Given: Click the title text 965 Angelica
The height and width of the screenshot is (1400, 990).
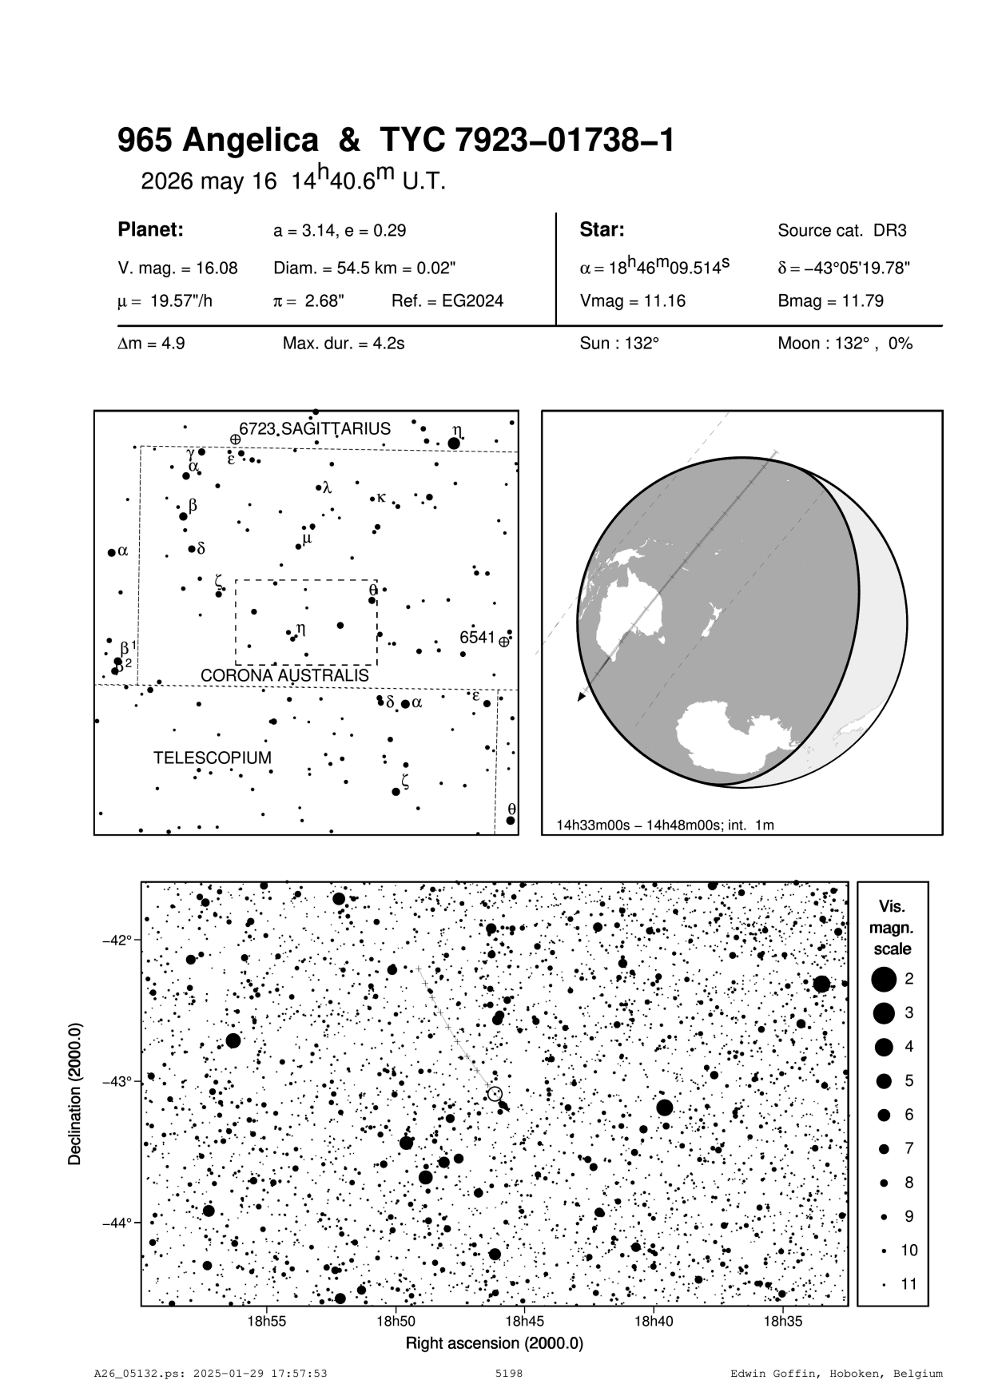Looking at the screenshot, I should tap(217, 141).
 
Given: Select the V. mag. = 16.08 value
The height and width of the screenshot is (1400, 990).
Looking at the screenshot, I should tap(177, 268).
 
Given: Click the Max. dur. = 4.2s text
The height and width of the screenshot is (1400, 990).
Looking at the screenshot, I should tap(344, 344).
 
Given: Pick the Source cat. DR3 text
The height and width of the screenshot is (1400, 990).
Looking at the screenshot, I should tap(842, 231).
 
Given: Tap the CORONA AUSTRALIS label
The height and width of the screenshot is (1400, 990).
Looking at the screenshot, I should tap(284, 676).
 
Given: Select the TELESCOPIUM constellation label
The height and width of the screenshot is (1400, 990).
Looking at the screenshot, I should tap(213, 758).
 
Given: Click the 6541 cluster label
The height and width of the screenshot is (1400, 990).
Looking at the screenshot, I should tap(477, 638).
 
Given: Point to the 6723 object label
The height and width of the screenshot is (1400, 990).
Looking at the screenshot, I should tap(256, 428).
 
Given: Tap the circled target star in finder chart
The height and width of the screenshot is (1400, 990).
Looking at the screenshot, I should tap(495, 1093).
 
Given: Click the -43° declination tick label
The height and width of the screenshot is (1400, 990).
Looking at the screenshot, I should tap(117, 1081).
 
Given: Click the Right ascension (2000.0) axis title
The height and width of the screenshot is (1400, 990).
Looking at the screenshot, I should tap(495, 1343).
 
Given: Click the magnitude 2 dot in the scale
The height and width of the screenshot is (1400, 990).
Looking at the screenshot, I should tap(884, 979).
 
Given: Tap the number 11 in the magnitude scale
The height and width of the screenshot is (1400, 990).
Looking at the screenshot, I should tap(908, 1284).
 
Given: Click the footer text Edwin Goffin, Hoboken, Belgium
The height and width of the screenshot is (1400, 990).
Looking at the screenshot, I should tap(837, 1374).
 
